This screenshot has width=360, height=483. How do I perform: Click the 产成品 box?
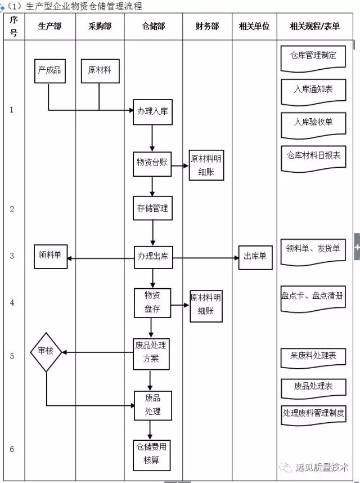49,70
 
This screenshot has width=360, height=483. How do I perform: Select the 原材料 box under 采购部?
100,70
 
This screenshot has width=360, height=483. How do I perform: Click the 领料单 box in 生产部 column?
49,256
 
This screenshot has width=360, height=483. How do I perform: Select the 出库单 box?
255,257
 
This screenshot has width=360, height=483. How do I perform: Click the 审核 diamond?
46,352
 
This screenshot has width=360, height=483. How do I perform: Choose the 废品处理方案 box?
151,353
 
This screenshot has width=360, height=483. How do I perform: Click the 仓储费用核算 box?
151,454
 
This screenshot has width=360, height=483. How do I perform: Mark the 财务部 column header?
206,26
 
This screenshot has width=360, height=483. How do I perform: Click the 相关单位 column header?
254,26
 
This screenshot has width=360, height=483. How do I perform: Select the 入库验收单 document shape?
313,122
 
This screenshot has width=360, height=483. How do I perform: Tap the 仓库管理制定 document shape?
313,56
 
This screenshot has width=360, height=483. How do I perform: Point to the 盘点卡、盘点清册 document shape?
313,296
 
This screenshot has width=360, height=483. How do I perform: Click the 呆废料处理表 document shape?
313,356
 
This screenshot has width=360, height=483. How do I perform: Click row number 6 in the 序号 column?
12,449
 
